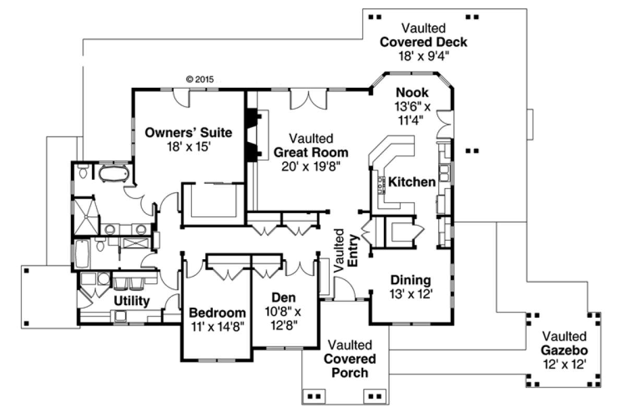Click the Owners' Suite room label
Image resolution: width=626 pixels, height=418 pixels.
pyautogui.click(x=188, y=132)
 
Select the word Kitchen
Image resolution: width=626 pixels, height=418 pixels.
pyautogui.click(x=412, y=182)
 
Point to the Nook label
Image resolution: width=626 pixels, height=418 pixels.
pyautogui.click(x=412, y=93)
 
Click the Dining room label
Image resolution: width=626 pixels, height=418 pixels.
pyautogui.click(x=411, y=280)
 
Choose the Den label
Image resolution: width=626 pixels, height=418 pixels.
pyautogui.click(x=283, y=298)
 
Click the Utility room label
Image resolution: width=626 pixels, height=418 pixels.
pyautogui.click(x=132, y=301)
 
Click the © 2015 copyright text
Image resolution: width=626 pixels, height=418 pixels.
pyautogui.click(x=200, y=79)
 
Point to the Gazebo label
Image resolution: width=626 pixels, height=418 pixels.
pyautogui.click(x=564, y=350)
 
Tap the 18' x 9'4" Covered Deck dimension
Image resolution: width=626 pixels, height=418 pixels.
pyautogui.click(x=423, y=56)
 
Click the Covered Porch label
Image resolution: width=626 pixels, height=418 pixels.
pyautogui.click(x=350, y=366)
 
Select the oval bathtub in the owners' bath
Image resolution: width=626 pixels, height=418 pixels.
pyautogui.click(x=113, y=173)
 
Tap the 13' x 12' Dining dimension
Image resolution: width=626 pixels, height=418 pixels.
pyautogui.click(x=411, y=294)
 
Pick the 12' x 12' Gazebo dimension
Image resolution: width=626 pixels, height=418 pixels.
pyautogui.click(x=564, y=364)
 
